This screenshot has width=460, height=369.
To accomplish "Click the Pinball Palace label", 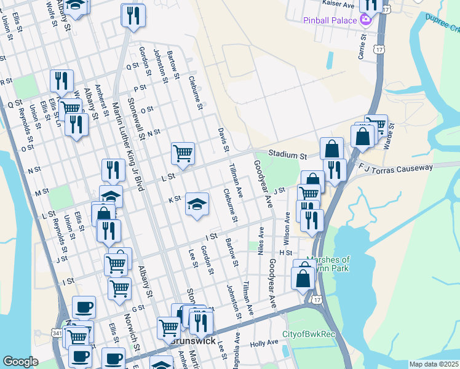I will (x=330, y=20).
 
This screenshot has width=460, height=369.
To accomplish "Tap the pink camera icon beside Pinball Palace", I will (x=366, y=20).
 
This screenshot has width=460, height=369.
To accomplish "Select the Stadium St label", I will (x=287, y=157).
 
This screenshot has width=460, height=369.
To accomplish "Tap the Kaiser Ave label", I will (x=338, y=4).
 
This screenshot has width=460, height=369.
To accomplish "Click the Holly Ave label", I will (x=264, y=344).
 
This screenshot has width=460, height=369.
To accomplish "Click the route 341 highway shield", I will (x=57, y=333).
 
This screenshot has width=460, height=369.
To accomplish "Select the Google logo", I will (x=20, y=362).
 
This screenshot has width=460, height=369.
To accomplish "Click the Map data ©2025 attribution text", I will (x=434, y=364).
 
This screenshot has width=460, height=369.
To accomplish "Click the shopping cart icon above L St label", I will (x=183, y=152).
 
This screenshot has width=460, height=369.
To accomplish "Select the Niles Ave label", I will (x=261, y=240).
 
